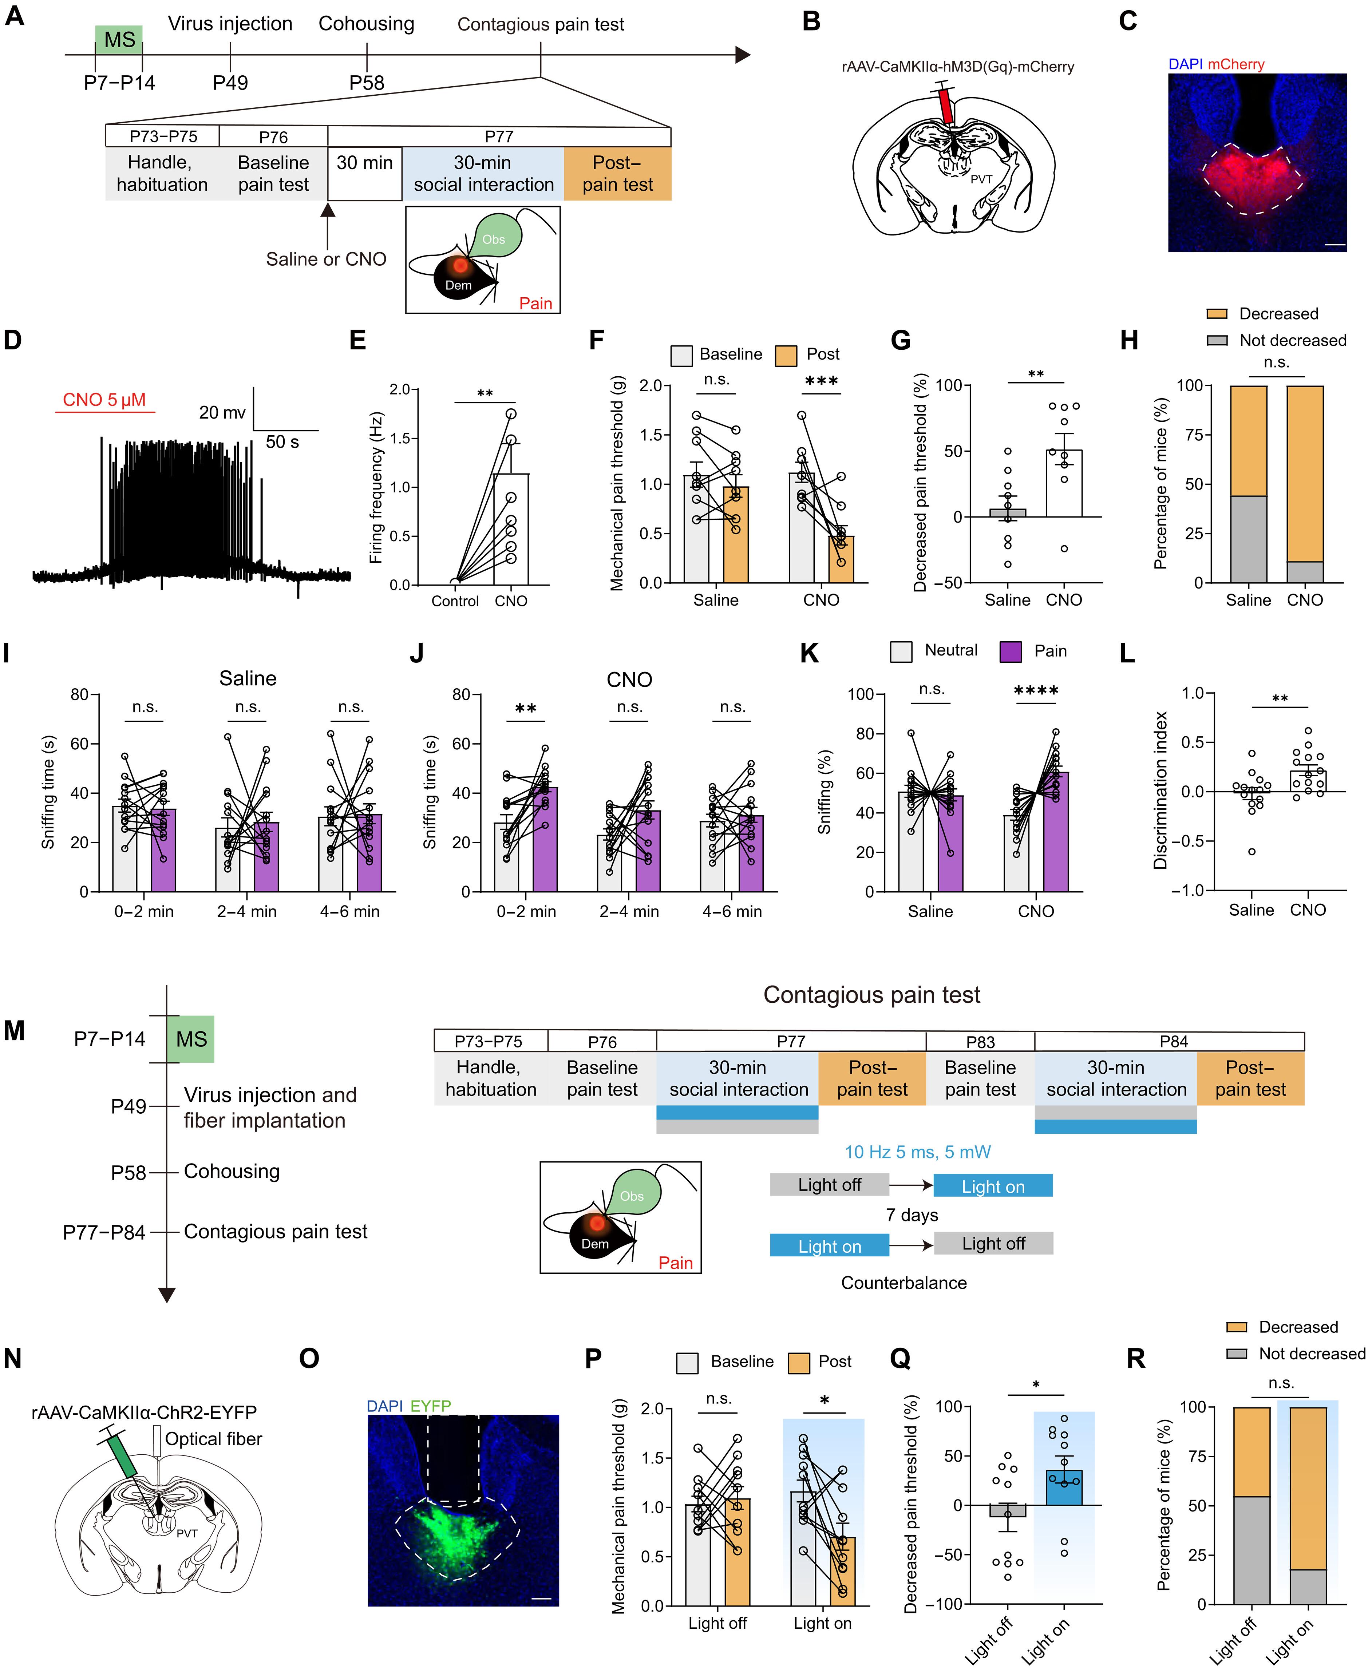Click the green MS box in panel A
click(119, 39)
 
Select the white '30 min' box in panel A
click(365, 173)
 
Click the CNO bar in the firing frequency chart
click(511, 530)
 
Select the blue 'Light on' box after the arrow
click(993, 1186)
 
